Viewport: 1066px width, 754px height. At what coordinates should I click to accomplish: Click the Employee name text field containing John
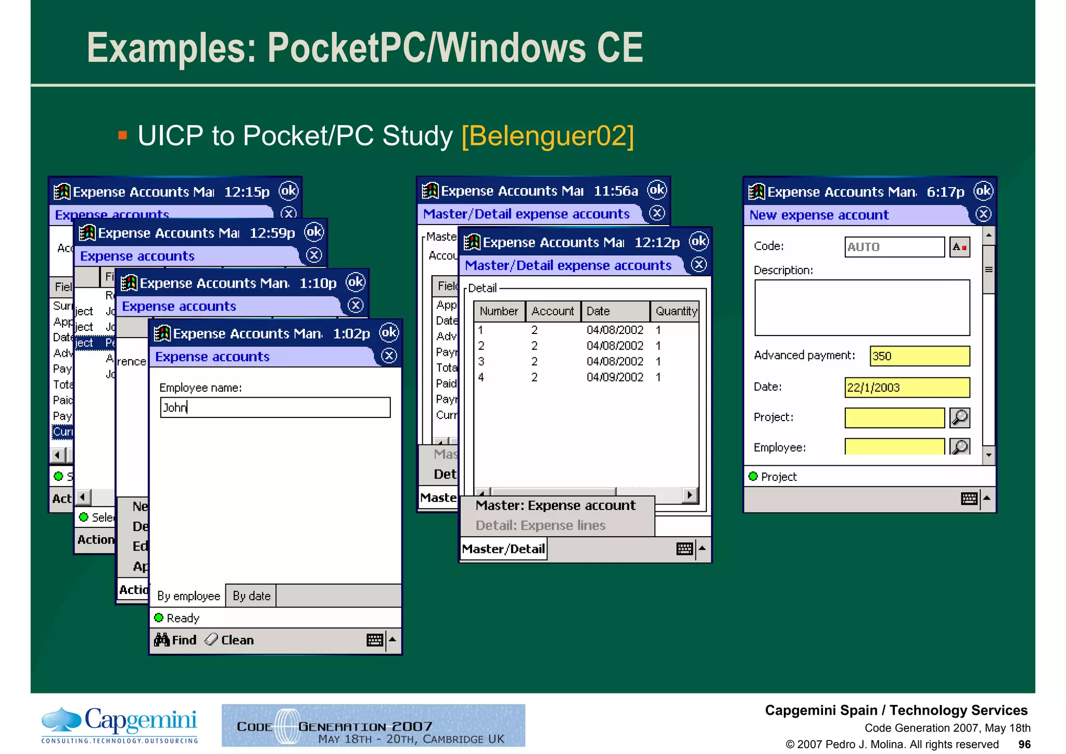pos(275,407)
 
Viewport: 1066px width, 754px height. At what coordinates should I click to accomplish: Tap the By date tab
pos(251,596)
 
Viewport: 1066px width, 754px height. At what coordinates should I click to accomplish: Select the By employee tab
pos(188,596)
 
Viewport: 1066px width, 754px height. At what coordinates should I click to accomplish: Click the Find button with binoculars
pos(175,640)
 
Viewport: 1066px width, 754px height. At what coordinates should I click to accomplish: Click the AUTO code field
pos(894,247)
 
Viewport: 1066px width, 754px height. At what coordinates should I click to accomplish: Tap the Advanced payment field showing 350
pos(919,356)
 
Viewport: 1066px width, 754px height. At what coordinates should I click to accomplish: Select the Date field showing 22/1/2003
pos(907,388)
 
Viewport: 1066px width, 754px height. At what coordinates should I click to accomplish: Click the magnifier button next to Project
pos(959,418)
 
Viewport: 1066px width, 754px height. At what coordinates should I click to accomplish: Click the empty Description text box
pos(861,308)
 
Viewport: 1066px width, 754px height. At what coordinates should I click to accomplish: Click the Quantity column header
pos(676,312)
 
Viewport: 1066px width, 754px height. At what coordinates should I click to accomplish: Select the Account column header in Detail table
pos(552,312)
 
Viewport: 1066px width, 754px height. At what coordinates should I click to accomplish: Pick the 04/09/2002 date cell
pos(615,377)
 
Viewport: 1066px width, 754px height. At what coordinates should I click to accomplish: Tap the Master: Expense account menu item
pos(555,505)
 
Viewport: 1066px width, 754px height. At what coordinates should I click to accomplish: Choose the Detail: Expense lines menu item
pos(540,525)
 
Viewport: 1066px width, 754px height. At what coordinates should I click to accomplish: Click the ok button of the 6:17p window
pos(983,191)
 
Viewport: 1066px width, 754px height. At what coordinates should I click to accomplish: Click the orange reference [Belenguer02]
pos(548,136)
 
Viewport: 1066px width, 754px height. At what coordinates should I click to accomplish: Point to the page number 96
pos(1024,744)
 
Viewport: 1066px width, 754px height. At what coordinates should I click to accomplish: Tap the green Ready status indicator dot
pos(159,617)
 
